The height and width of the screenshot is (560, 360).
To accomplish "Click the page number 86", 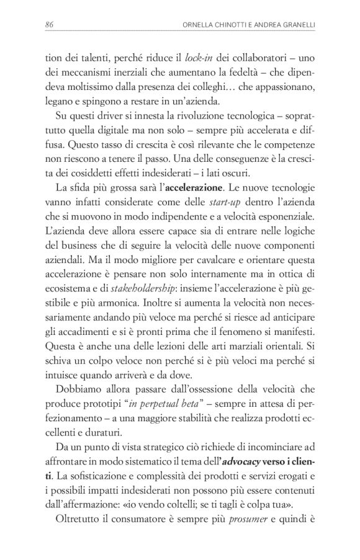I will pos(50,25).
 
